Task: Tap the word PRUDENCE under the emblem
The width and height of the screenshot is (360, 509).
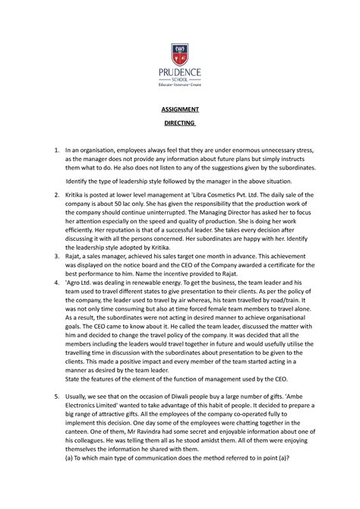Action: [179, 74]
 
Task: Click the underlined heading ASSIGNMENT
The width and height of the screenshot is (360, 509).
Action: [179, 111]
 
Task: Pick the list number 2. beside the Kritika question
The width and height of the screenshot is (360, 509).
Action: [48, 196]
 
